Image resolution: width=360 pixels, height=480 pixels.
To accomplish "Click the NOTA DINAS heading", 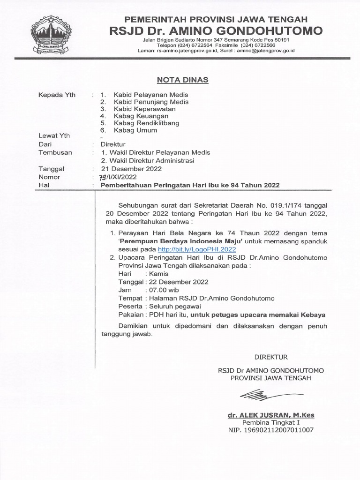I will click(182, 80).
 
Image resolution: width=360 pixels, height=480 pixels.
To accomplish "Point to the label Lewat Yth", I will click(54, 135).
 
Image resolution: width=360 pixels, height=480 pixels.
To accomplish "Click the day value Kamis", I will click(158, 274).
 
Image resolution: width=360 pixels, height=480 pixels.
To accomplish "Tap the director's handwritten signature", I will click(264, 395).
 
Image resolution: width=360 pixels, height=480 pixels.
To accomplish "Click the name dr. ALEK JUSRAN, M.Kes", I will click(271, 415).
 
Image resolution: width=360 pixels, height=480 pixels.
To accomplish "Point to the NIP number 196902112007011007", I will click(271, 430).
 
